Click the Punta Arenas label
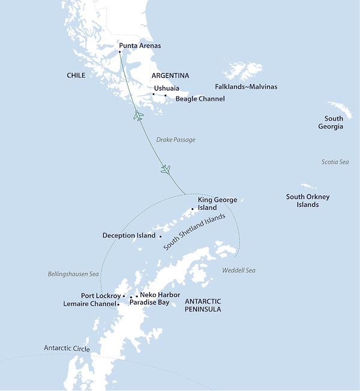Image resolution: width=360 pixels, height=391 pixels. [140, 46]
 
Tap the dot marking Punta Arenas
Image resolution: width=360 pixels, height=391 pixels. [119, 52]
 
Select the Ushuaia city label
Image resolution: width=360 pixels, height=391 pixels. [166, 88]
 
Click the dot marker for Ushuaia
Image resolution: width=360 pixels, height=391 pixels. [153, 94]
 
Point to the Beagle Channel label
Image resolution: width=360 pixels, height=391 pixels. [200, 98]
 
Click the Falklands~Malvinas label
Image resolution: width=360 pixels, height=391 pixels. [246, 86]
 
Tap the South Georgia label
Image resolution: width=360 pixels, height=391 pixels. [334, 122]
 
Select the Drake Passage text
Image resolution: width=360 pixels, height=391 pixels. [176, 140]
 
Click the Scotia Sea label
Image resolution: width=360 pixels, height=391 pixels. [335, 162]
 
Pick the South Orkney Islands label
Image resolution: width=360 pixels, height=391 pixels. [308, 200]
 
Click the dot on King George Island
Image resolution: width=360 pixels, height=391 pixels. [193, 209]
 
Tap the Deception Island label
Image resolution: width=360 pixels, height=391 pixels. [128, 236]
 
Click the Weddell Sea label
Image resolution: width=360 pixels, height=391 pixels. [238, 270]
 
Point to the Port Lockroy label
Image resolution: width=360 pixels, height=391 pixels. [101, 296]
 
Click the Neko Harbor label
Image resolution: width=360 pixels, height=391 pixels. [160, 294]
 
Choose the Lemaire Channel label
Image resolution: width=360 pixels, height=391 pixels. [89, 304]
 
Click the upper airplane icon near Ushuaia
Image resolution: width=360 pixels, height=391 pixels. [139, 115]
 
